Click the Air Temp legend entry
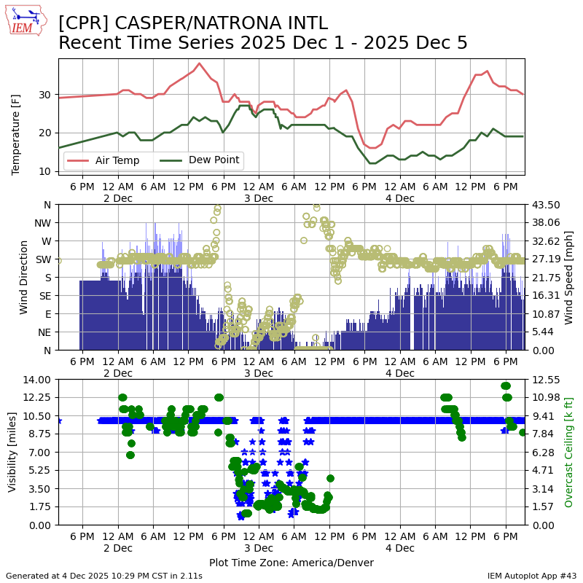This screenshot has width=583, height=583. (117, 160)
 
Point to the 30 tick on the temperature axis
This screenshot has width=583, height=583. (45, 95)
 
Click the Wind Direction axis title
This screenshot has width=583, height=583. (24, 278)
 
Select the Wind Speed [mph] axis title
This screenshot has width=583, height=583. (569, 278)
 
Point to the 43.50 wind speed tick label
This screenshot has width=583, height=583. (546, 205)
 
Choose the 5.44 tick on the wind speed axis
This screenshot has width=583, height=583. (543, 332)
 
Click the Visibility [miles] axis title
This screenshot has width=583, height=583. (12, 452)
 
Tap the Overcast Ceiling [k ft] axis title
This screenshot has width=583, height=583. (569, 452)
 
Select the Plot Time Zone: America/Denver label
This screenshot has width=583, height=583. (291, 563)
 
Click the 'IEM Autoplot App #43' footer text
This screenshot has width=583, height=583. (532, 576)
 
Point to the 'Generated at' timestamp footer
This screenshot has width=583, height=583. (104, 576)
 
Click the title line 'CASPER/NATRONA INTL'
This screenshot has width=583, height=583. (193, 23)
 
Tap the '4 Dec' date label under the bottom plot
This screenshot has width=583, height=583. (399, 547)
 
